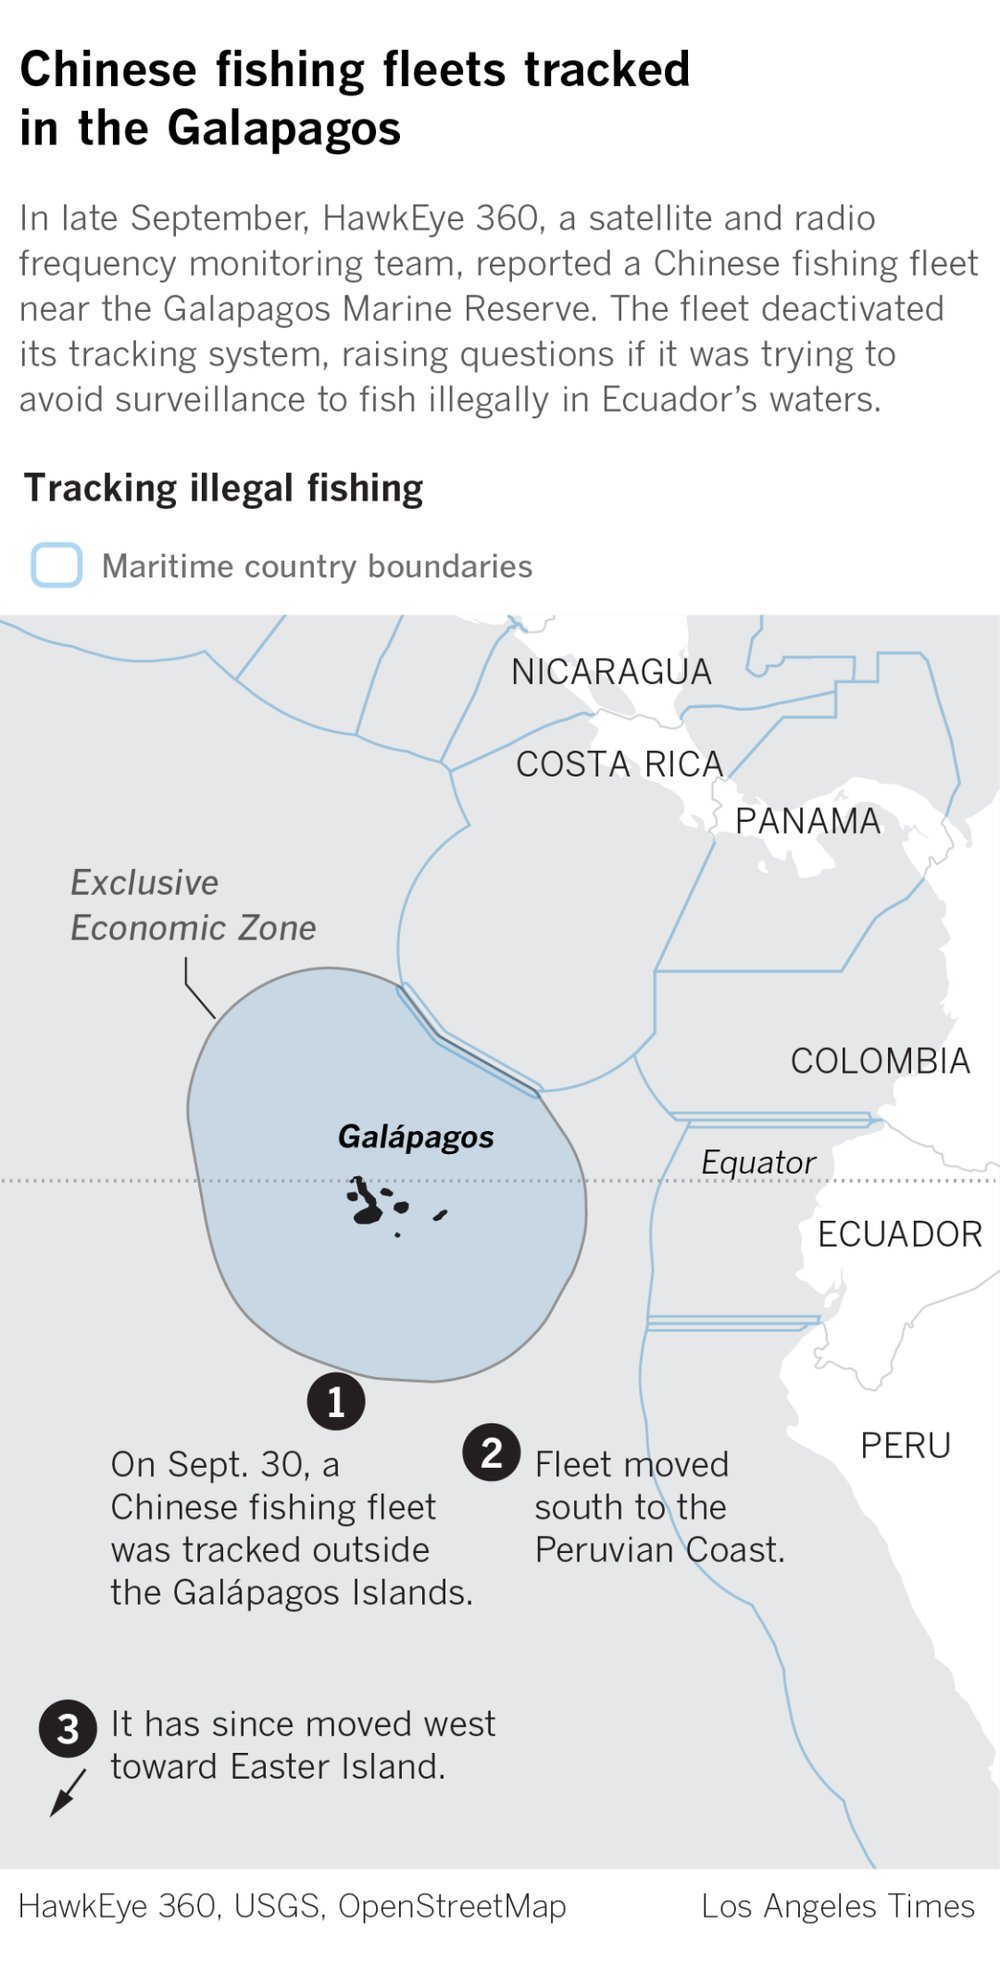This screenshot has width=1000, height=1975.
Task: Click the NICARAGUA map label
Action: coord(611,672)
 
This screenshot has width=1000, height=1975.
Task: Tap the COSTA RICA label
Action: coord(619,764)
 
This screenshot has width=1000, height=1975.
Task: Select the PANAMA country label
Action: coord(807,821)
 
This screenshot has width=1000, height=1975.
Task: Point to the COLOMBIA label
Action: coord(880,1061)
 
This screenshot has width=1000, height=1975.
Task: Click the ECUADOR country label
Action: coord(899,1234)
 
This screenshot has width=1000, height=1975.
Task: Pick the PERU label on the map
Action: coord(905,1446)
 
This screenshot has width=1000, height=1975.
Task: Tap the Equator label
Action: coord(758,1162)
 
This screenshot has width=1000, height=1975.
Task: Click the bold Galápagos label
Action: coord(416,1137)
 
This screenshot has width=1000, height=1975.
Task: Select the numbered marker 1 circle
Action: coord(336,1402)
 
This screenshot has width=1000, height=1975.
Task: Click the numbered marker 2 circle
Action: coord(492,1452)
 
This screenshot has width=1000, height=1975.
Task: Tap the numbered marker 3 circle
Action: coord(68,1729)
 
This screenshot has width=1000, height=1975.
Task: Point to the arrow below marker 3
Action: coord(68,1793)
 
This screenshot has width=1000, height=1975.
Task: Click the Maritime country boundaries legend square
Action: coord(56,565)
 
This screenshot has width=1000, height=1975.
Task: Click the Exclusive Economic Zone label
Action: coord(193,905)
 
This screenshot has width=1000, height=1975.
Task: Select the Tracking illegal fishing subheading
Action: coord(223,489)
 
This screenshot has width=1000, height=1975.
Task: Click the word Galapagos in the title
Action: coord(283,129)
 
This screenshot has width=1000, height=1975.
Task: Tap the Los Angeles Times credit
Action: coord(837,1907)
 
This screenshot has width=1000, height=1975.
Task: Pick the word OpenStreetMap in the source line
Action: coord(452,1907)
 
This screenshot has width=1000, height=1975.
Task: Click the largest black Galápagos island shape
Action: coord(368,1204)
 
